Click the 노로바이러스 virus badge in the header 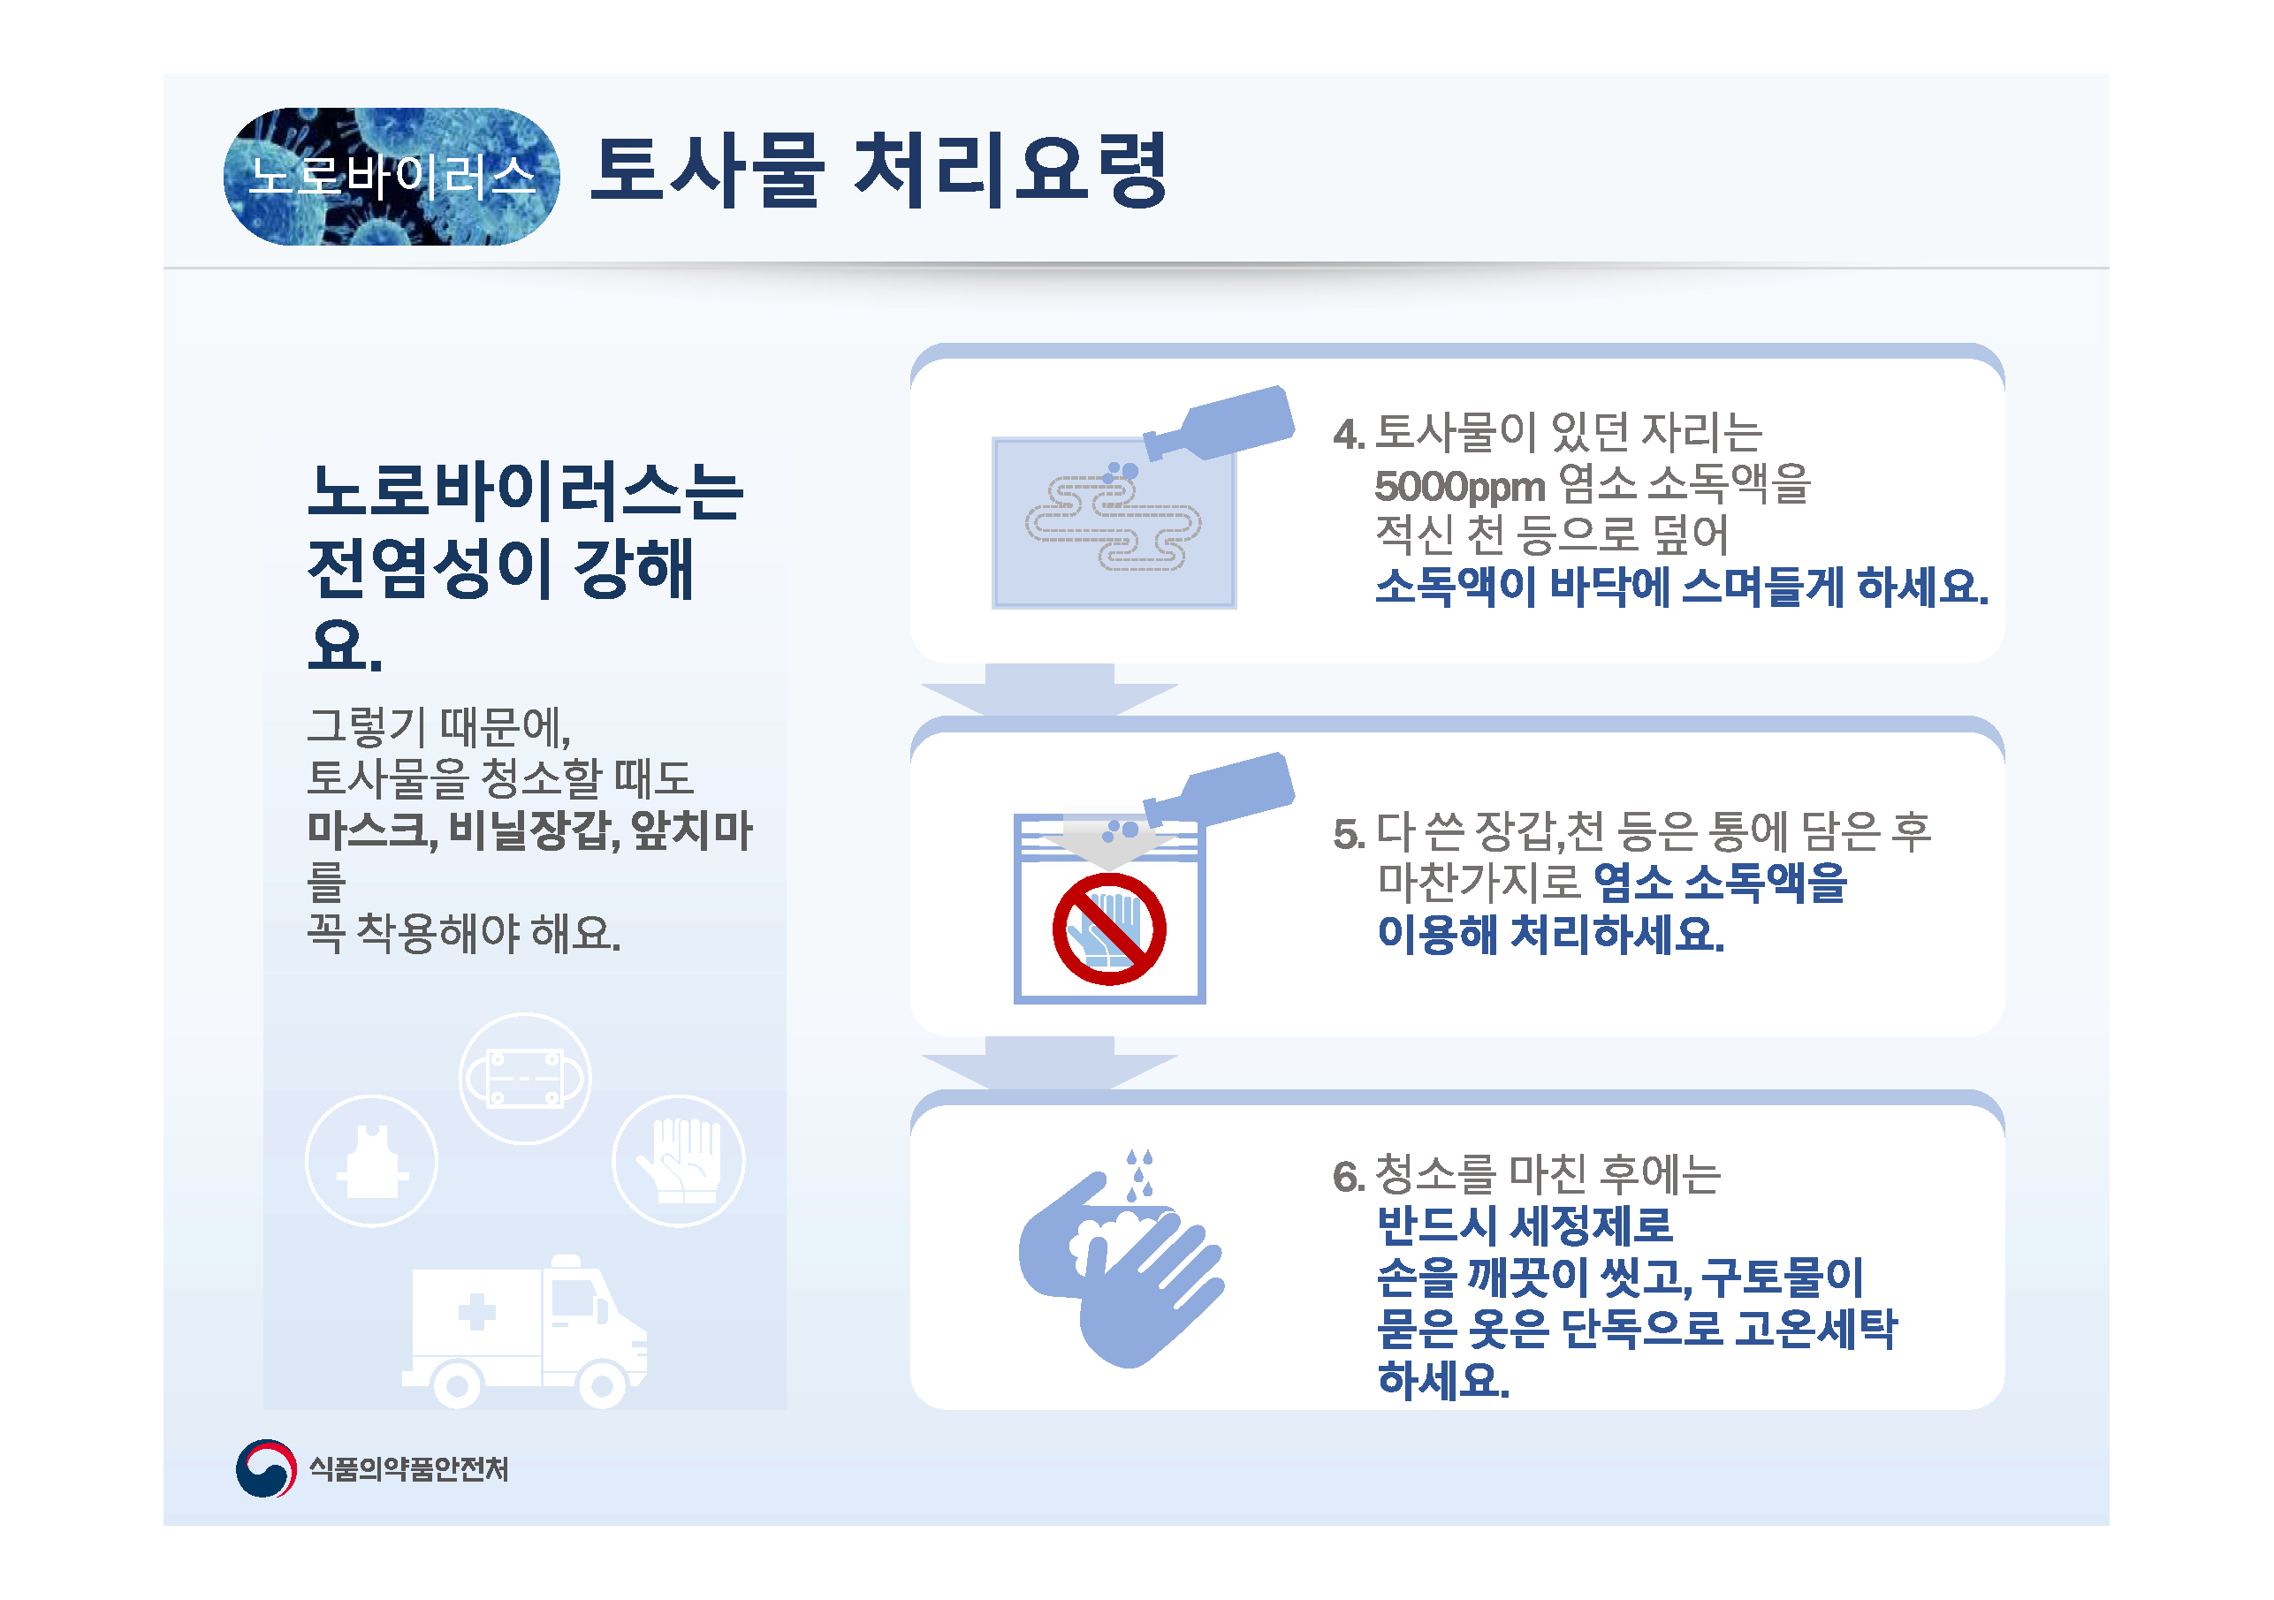coord(392,176)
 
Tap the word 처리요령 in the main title coord(1010,171)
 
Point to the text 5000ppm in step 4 coord(1460,486)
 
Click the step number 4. coord(1348,434)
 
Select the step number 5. coord(1348,834)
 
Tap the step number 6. coord(1348,1176)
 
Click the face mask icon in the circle coord(525,1078)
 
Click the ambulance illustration coord(525,1331)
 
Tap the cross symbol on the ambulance coord(476,1312)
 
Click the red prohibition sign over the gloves coord(1109,929)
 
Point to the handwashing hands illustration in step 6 coord(1122,1259)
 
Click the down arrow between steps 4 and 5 coord(1050,689)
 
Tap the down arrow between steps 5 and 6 coord(1050,1062)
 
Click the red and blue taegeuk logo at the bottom coord(266,1468)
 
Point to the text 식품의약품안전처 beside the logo coord(409,1468)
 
